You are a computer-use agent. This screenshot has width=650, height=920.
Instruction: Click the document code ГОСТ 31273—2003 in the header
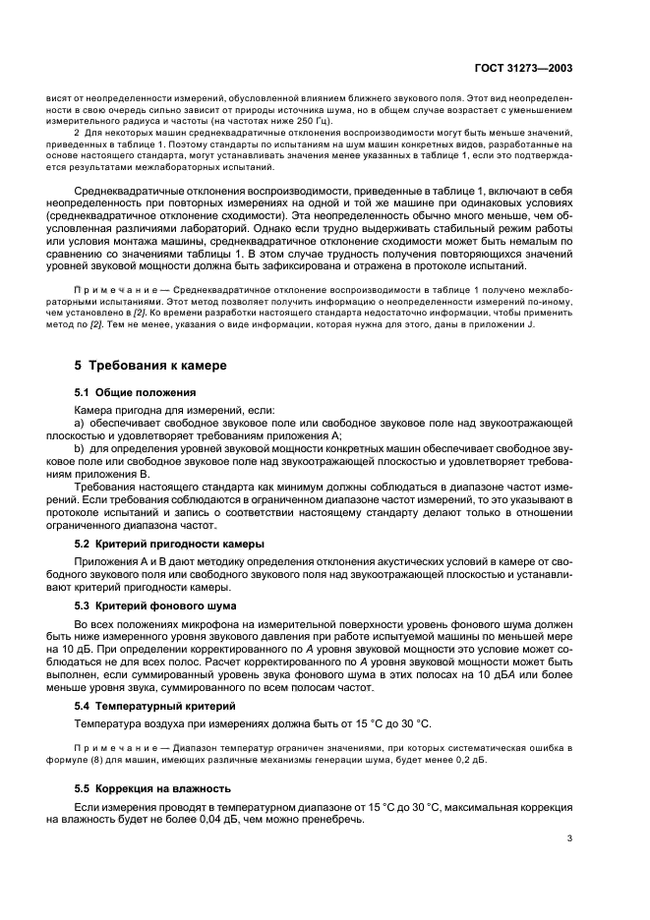click(x=527, y=70)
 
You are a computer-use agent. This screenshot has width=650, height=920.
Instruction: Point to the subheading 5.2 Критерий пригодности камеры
click(x=169, y=544)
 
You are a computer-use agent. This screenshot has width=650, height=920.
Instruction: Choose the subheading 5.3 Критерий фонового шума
click(x=155, y=605)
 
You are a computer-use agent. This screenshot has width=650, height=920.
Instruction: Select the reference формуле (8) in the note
click(x=105, y=760)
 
